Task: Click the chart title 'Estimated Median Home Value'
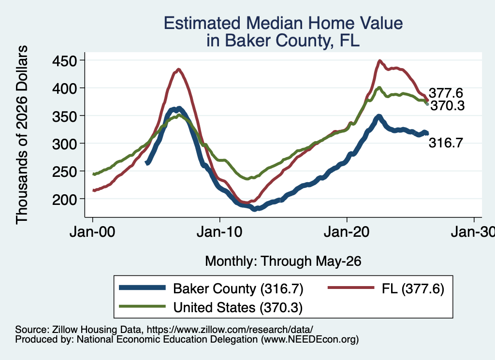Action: coord(283,23)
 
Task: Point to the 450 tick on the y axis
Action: coord(64,60)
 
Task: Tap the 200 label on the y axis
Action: coord(64,200)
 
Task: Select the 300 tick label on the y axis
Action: coord(64,144)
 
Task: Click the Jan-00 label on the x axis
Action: coord(92,232)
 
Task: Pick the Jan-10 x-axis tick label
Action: coord(219,232)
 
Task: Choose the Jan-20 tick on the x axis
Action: coord(347,232)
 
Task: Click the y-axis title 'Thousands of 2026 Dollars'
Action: coord(22,135)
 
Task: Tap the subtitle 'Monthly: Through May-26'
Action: coord(283,261)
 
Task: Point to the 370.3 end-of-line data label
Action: coord(448,106)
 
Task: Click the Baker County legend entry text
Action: coord(238,288)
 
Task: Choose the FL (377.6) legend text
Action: coord(413,288)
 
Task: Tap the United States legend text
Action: coord(238,307)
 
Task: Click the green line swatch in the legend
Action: coord(143,306)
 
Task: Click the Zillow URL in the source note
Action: coord(230,330)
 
